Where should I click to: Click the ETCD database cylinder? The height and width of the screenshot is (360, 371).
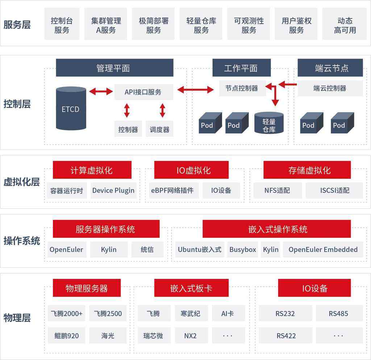(x=71, y=108)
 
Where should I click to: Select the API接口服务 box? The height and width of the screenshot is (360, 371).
(x=143, y=92)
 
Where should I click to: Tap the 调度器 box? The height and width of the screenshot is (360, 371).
(x=159, y=129)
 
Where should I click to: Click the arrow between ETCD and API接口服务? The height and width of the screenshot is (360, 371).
(x=101, y=91)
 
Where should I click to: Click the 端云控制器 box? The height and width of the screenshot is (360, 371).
(x=330, y=88)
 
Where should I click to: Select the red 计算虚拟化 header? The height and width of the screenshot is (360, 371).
(x=92, y=170)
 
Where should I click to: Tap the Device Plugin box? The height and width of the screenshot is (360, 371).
(x=113, y=190)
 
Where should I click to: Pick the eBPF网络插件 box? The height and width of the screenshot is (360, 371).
(x=172, y=190)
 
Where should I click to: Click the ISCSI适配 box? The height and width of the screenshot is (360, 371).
(x=334, y=190)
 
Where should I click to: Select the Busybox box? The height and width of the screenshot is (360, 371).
(x=243, y=249)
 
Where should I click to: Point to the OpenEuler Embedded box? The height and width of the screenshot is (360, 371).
(x=323, y=249)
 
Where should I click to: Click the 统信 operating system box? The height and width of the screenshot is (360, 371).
(x=147, y=249)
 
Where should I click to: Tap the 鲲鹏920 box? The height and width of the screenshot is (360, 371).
(x=67, y=335)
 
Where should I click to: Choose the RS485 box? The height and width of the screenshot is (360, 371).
(x=339, y=313)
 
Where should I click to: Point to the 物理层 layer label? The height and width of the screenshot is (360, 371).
(x=17, y=318)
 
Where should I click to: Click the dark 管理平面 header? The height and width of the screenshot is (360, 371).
(x=114, y=68)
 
